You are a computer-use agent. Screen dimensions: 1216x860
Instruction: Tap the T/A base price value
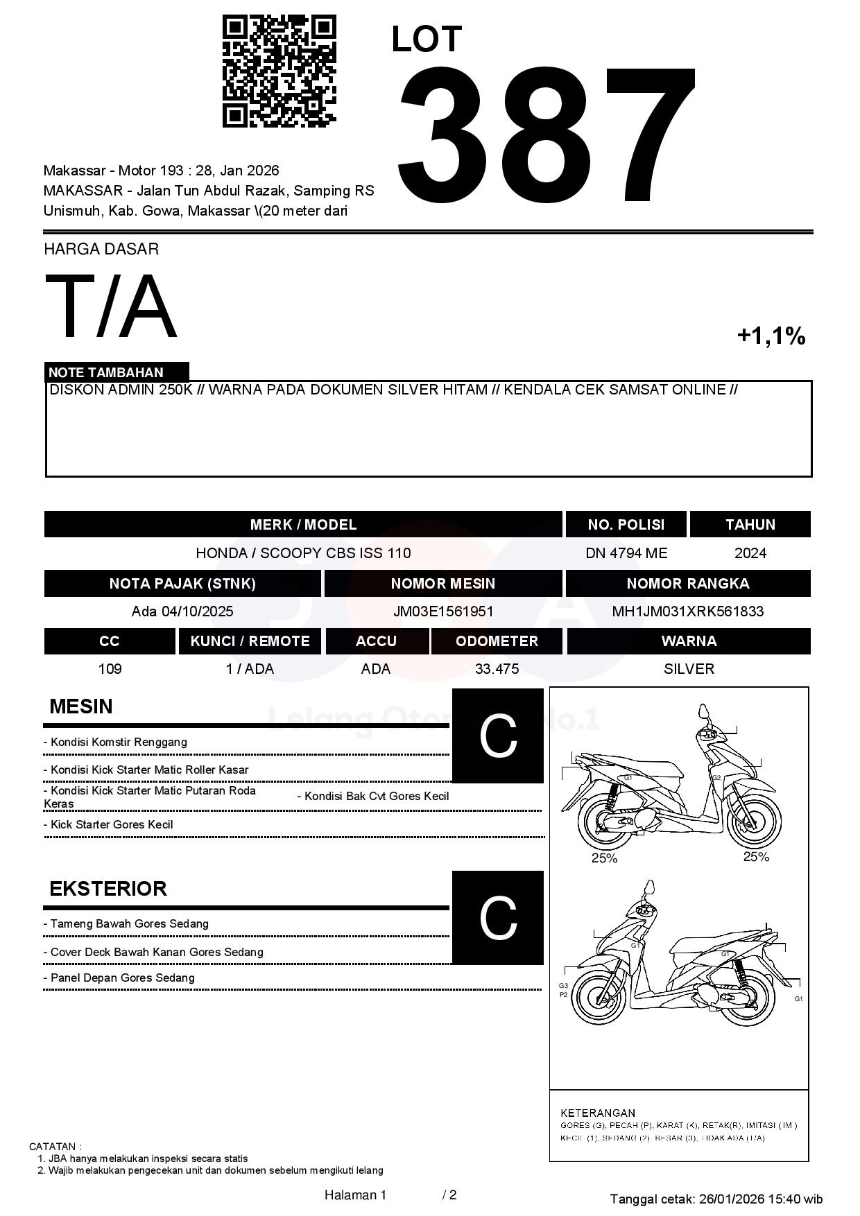tap(111, 307)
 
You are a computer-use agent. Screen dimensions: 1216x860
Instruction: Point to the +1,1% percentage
tap(771, 336)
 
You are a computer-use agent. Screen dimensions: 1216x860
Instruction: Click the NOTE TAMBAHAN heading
tap(106, 372)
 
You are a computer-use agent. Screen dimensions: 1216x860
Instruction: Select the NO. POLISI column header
tap(626, 525)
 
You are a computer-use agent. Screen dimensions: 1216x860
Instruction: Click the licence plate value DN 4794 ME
tap(626, 553)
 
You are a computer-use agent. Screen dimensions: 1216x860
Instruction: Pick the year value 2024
tap(750, 553)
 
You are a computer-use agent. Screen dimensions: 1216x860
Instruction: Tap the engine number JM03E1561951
tap(443, 611)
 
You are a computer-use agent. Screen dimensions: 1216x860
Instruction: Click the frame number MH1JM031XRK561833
tap(687, 611)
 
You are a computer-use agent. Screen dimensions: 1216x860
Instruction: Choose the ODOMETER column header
tap(497, 641)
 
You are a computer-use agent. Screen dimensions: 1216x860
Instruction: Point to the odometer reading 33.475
tap(497, 669)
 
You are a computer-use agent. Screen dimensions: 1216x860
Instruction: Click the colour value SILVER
tap(689, 669)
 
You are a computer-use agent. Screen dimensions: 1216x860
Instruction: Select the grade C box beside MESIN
tap(498, 736)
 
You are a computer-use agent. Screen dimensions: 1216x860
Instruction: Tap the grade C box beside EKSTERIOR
tap(498, 917)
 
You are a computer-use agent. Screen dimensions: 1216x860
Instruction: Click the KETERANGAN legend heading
tap(597, 1113)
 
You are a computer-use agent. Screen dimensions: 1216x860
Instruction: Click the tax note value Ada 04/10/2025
tap(182, 611)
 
